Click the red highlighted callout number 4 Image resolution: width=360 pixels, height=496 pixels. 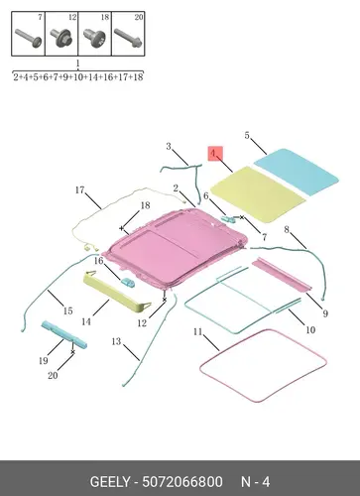[x=215, y=154]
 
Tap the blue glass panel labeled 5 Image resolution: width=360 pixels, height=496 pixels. [x=297, y=171]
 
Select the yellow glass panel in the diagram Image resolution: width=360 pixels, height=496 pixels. [x=258, y=194]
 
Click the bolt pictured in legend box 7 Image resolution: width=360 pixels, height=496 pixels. [x=29, y=38]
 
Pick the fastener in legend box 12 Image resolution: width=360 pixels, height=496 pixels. [x=61, y=39]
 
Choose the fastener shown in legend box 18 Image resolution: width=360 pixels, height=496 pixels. [x=95, y=38]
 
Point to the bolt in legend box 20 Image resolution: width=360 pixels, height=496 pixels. [x=128, y=38]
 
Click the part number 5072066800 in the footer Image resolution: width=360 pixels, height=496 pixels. [x=182, y=482]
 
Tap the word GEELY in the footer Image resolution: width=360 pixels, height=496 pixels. [x=110, y=482]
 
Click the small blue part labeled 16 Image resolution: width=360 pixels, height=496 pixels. [x=128, y=283]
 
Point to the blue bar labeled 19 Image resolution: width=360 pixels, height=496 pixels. [x=64, y=334]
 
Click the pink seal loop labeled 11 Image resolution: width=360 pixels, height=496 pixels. [x=264, y=365]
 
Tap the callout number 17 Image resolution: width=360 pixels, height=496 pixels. [x=79, y=190]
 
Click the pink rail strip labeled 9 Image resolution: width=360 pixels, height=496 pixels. [x=282, y=275]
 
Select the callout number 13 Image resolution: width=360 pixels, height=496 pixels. [x=116, y=341]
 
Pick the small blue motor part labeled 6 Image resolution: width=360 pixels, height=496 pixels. [x=228, y=218]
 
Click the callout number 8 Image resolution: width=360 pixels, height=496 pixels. [x=287, y=229]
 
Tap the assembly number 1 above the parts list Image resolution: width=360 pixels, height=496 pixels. [x=77, y=63]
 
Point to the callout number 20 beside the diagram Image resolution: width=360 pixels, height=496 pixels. [x=53, y=376]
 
